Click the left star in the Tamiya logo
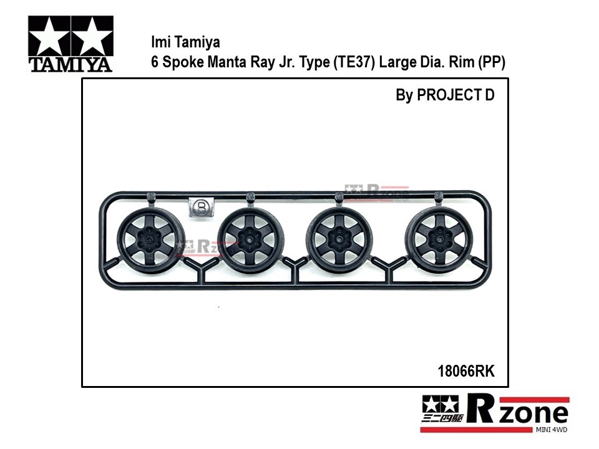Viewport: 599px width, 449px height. point(49,36)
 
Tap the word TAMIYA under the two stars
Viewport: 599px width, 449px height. point(71,65)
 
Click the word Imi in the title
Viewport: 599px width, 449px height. point(160,42)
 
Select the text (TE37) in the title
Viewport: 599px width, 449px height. point(354,62)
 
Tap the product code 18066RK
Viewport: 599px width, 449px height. point(465,371)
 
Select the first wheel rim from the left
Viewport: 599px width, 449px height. point(150,239)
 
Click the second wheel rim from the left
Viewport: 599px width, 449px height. point(251,239)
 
